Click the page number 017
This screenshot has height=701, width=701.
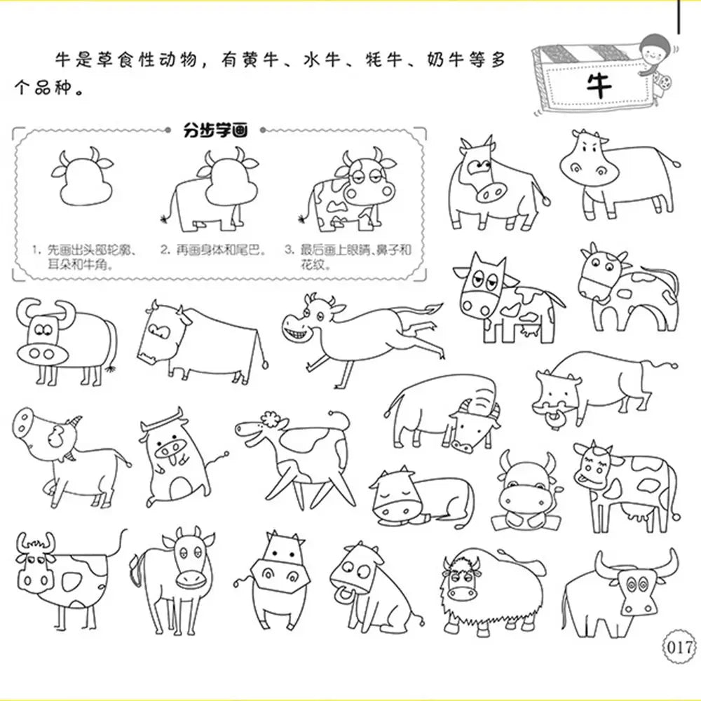pyautogui.click(x=679, y=647)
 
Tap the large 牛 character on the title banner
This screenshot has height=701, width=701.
pyautogui.click(x=599, y=86)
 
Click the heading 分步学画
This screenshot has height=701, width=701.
pyautogui.click(x=215, y=130)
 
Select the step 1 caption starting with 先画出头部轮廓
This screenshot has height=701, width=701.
pyautogui.click(x=84, y=257)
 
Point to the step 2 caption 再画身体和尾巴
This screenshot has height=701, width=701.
pyautogui.click(x=213, y=250)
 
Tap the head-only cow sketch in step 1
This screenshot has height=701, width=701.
pyautogui.click(x=83, y=177)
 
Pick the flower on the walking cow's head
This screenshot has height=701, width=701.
pyautogui.click(x=269, y=419)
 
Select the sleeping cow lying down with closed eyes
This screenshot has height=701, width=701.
pyautogui.click(x=421, y=496)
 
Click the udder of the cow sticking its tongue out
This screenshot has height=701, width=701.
pyautogui.click(x=637, y=513)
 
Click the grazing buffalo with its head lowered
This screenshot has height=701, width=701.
pyautogui.click(x=442, y=413)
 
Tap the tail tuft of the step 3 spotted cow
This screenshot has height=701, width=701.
pyautogui.click(x=303, y=219)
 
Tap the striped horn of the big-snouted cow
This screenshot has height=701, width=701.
pyautogui.click(x=74, y=421)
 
